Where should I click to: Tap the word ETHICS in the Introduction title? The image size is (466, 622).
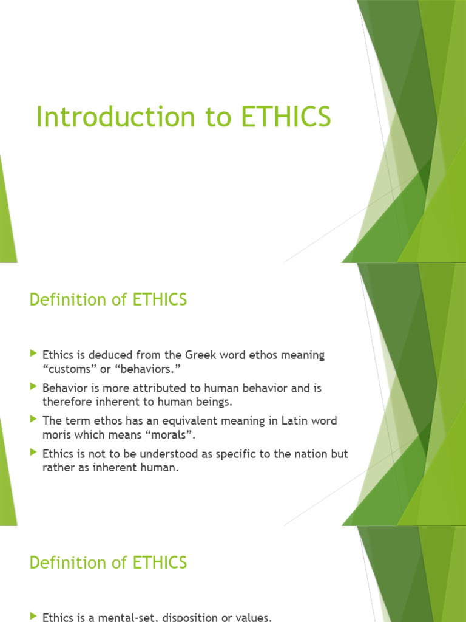tap(286, 117)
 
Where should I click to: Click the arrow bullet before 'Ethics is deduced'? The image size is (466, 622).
tap(33, 353)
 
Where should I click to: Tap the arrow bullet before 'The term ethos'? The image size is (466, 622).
tap(33, 419)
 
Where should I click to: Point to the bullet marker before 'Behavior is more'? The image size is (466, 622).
tap(33, 386)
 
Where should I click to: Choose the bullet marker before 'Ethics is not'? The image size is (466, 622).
tap(33, 452)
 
